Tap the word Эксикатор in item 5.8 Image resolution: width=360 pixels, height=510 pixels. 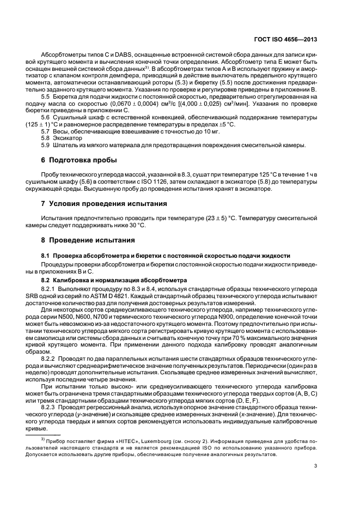(64, 138)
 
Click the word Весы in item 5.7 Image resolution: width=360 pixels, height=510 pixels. (58, 131)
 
